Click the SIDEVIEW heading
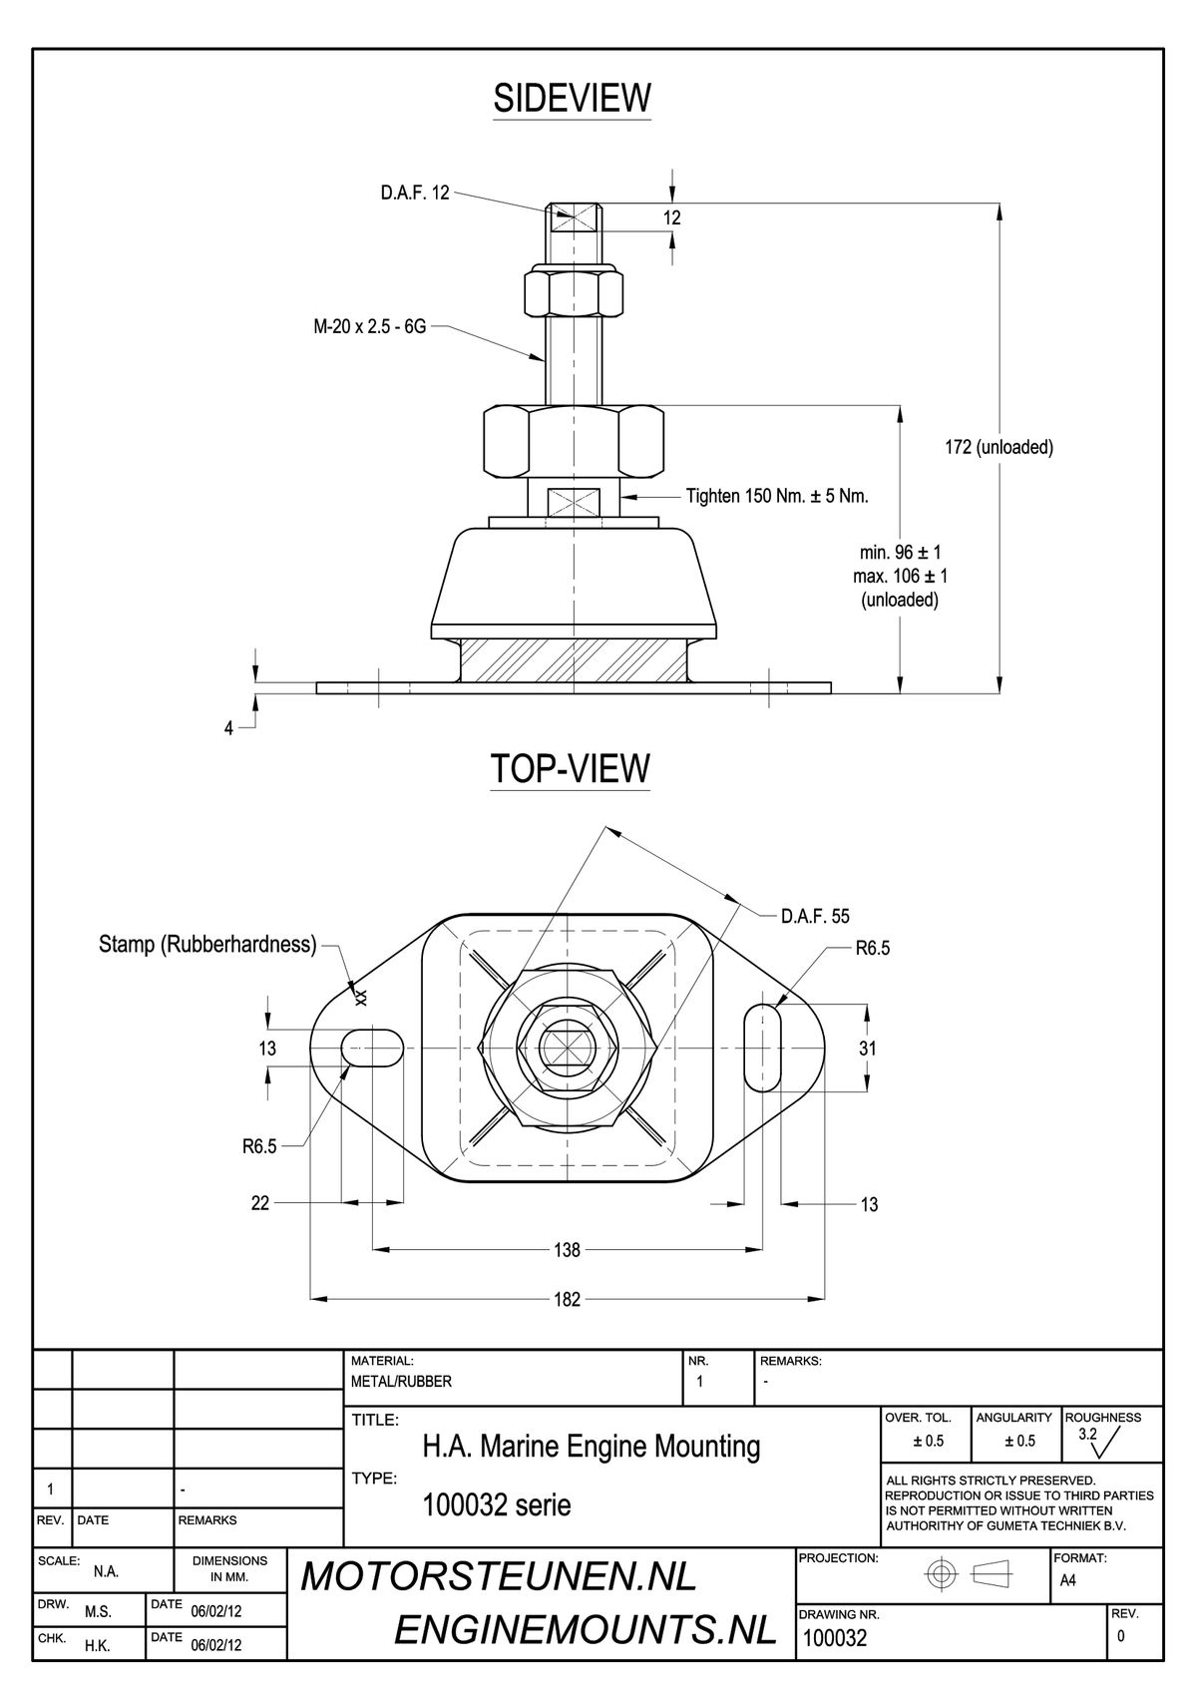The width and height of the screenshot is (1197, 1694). coord(572,98)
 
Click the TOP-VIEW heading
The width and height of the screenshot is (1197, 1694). coord(571,768)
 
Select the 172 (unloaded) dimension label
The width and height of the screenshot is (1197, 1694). coord(998,447)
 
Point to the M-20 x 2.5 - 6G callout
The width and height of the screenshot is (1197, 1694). coord(370,327)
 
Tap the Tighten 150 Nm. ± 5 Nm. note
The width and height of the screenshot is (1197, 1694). coord(777,496)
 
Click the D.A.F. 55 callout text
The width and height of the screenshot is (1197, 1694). coord(815,916)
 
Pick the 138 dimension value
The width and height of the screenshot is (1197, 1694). coord(567,1249)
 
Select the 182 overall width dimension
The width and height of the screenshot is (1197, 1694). coord(567,1300)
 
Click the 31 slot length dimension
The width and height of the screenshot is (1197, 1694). coord(867,1048)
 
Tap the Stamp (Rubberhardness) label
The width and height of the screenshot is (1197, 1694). coord(207,944)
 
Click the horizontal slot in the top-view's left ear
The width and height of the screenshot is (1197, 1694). coord(372,1048)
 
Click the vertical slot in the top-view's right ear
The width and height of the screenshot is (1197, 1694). coord(763,1048)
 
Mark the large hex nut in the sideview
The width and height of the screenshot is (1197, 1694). coord(574,441)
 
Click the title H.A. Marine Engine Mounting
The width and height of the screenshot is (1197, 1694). coord(592,1446)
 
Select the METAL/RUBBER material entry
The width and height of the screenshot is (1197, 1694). coord(401,1382)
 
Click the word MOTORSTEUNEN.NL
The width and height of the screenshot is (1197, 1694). coord(499,1576)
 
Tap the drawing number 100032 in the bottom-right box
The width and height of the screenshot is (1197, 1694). coord(835,1637)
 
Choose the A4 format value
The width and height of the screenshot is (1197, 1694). coord(1067,1580)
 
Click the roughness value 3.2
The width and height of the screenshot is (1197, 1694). coord(1087,1435)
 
